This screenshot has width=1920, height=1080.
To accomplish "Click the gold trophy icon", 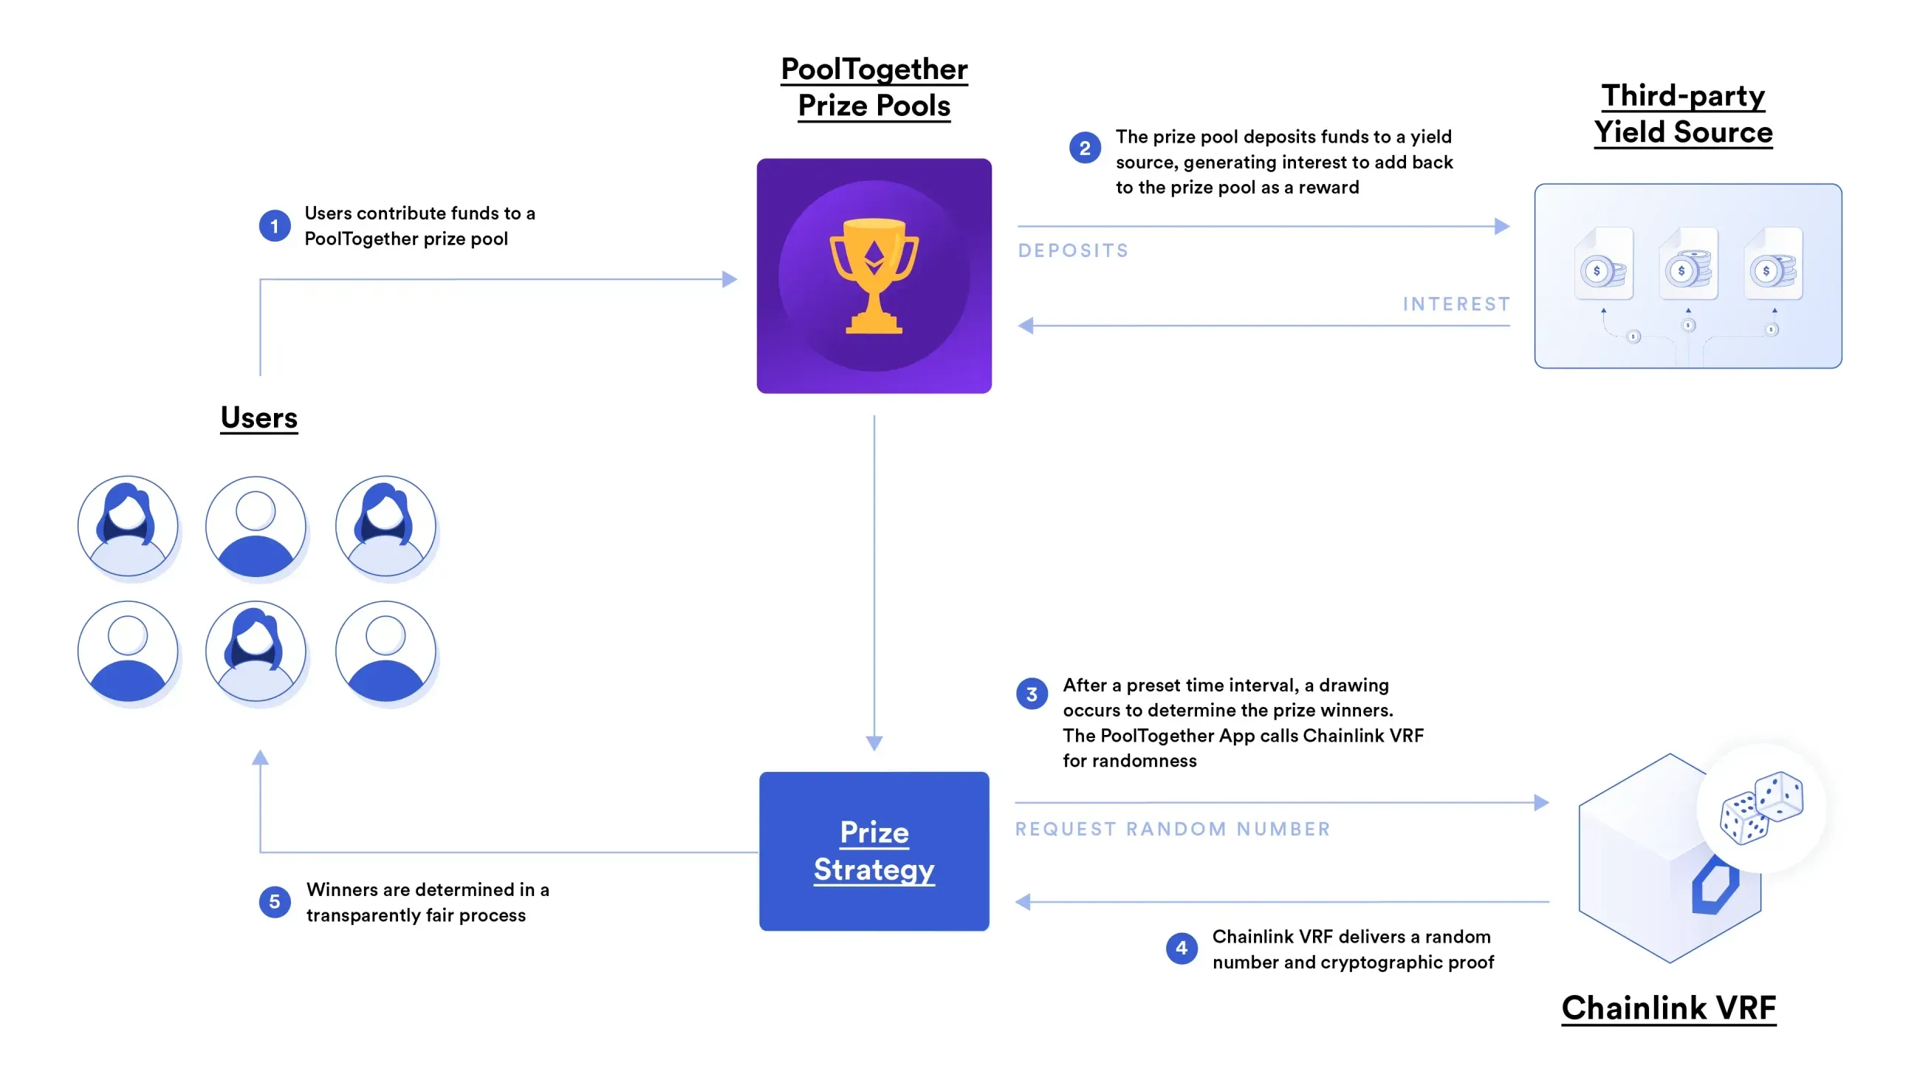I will pos(874,275).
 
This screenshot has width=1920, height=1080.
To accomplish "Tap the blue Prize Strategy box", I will pos(874,850).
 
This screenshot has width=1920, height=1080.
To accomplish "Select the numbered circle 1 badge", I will pos(274,226).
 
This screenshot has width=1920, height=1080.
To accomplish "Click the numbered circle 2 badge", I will pos(1085,148).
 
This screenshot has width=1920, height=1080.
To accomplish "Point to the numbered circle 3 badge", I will pos(1032,694).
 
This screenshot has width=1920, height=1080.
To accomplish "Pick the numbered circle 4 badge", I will pos(1181,948).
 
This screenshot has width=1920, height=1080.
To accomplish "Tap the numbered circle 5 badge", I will pos(274,902).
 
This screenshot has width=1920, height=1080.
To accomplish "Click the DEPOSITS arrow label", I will pos(1073,250).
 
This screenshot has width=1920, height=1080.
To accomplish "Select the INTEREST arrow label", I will pos(1456,304).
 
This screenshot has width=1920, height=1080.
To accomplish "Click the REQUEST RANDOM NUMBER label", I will pos(1173,829).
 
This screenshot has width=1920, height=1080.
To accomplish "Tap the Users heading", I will pos(258,417).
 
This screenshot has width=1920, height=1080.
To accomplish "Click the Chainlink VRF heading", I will pos(1668,1008).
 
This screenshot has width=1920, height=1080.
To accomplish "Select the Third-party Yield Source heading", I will pos(1683,114).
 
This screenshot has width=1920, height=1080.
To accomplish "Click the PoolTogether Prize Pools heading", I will pos(874,87).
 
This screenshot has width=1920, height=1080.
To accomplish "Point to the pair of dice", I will pos(1760,808).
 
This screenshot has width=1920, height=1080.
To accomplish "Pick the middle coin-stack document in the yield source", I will pos(1688,264).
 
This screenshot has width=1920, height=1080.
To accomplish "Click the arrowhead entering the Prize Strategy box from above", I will pos(874,743).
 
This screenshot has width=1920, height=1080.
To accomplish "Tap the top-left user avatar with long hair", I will pos(128,526).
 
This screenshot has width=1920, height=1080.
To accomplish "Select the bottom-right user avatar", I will pos(385,652).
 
